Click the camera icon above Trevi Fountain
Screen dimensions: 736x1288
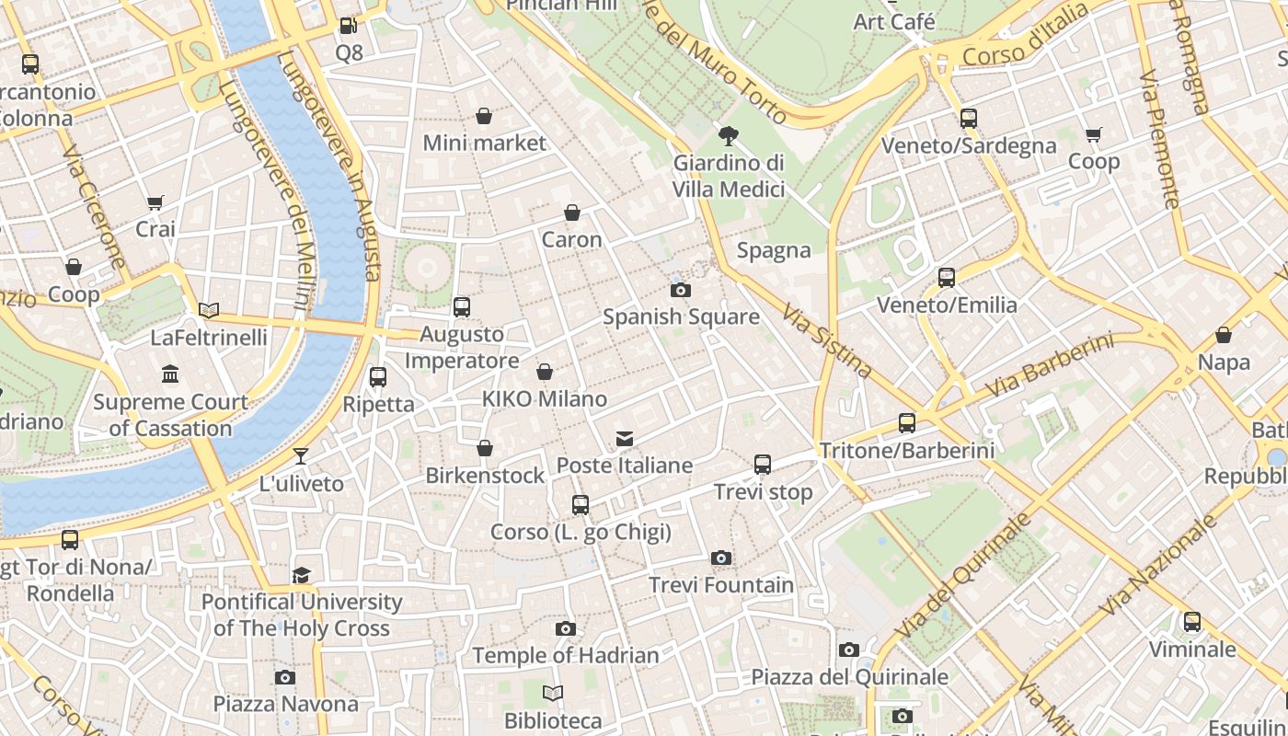(721, 558)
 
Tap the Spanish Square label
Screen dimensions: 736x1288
(681, 316)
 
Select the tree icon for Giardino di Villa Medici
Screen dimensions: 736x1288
(728, 137)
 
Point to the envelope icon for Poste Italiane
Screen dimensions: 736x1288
(625, 439)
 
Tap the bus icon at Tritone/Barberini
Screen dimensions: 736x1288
(907, 423)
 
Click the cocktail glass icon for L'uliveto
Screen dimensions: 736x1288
(301, 456)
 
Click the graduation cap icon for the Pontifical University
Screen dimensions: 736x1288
(301, 576)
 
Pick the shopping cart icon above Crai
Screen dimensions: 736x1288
(155, 202)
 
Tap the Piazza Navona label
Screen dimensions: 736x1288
(286, 704)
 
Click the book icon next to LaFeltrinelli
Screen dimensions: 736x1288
(209, 311)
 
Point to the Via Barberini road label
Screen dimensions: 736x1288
(1049, 366)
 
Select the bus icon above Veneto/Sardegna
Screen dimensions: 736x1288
(968, 119)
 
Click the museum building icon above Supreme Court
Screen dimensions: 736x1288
(170, 374)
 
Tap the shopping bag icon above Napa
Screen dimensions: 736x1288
(1224, 336)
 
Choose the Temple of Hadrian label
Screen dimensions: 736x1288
(566, 655)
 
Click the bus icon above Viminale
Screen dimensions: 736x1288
(1192, 623)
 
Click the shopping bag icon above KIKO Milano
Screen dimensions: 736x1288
(545, 372)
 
